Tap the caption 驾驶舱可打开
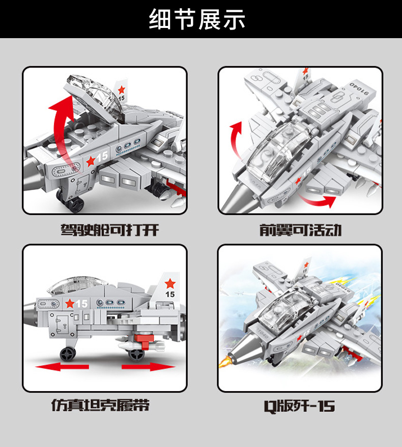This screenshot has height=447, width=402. pos(110,230)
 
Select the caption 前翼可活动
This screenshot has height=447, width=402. pos(300,230)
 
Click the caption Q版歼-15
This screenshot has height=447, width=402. pos(300,406)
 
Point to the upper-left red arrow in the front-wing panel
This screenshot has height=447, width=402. pos(236,139)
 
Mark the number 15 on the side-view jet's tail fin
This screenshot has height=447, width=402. pos(170,294)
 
